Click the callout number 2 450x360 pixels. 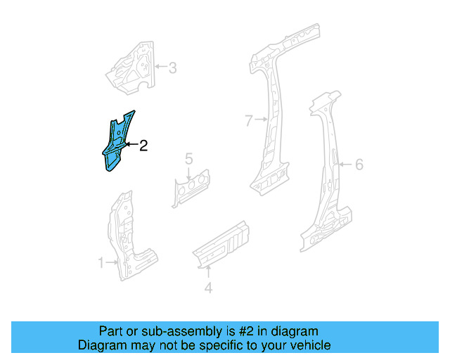click(143, 146)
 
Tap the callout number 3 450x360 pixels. click(172, 68)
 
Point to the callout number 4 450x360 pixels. click(208, 288)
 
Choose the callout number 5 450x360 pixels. click(189, 160)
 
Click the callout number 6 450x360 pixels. click(359, 165)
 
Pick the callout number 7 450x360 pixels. click(248, 121)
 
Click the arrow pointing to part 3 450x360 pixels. click(160, 68)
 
